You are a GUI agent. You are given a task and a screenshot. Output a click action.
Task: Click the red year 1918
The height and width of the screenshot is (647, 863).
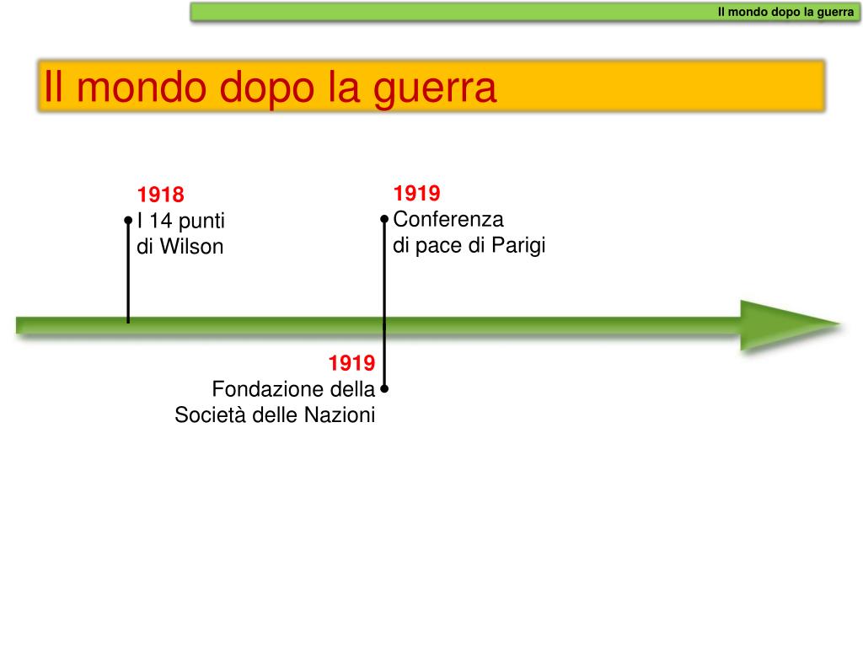point(160,195)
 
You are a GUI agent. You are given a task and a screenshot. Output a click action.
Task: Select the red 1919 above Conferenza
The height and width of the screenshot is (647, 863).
point(416,194)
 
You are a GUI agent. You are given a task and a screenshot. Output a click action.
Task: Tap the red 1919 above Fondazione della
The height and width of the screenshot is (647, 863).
point(351,363)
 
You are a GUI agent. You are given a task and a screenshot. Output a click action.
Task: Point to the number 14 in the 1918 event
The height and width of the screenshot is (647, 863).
point(160,222)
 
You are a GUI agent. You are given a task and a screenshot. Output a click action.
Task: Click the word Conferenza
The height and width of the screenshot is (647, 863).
point(448,220)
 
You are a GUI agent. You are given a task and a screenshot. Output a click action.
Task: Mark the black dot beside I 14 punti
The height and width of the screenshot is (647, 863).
point(128,221)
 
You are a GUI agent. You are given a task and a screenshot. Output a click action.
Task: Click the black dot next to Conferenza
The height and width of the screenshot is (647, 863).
point(384,219)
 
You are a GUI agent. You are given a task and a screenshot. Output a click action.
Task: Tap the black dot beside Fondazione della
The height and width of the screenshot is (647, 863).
point(384,389)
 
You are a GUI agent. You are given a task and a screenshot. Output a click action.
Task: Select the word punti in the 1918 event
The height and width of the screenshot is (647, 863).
point(201,222)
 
